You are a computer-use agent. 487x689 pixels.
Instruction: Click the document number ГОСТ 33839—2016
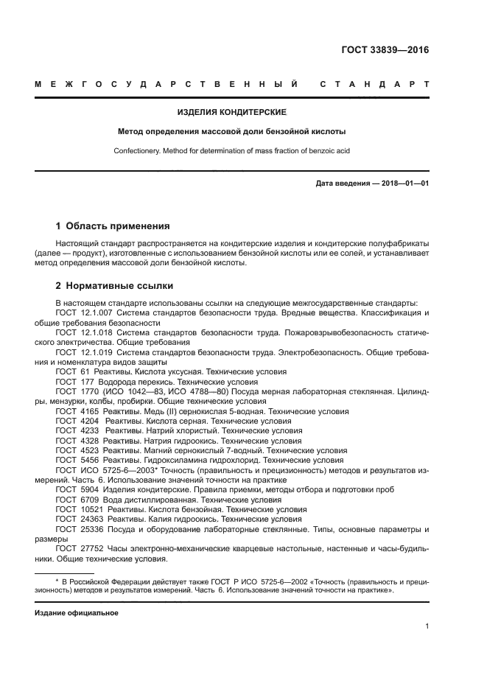click(x=385, y=50)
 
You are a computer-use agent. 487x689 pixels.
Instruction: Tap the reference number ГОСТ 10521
click(x=78, y=509)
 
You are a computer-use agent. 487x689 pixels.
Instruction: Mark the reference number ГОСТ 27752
click(x=78, y=548)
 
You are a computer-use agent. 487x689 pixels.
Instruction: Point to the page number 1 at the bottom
click(x=427, y=626)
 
